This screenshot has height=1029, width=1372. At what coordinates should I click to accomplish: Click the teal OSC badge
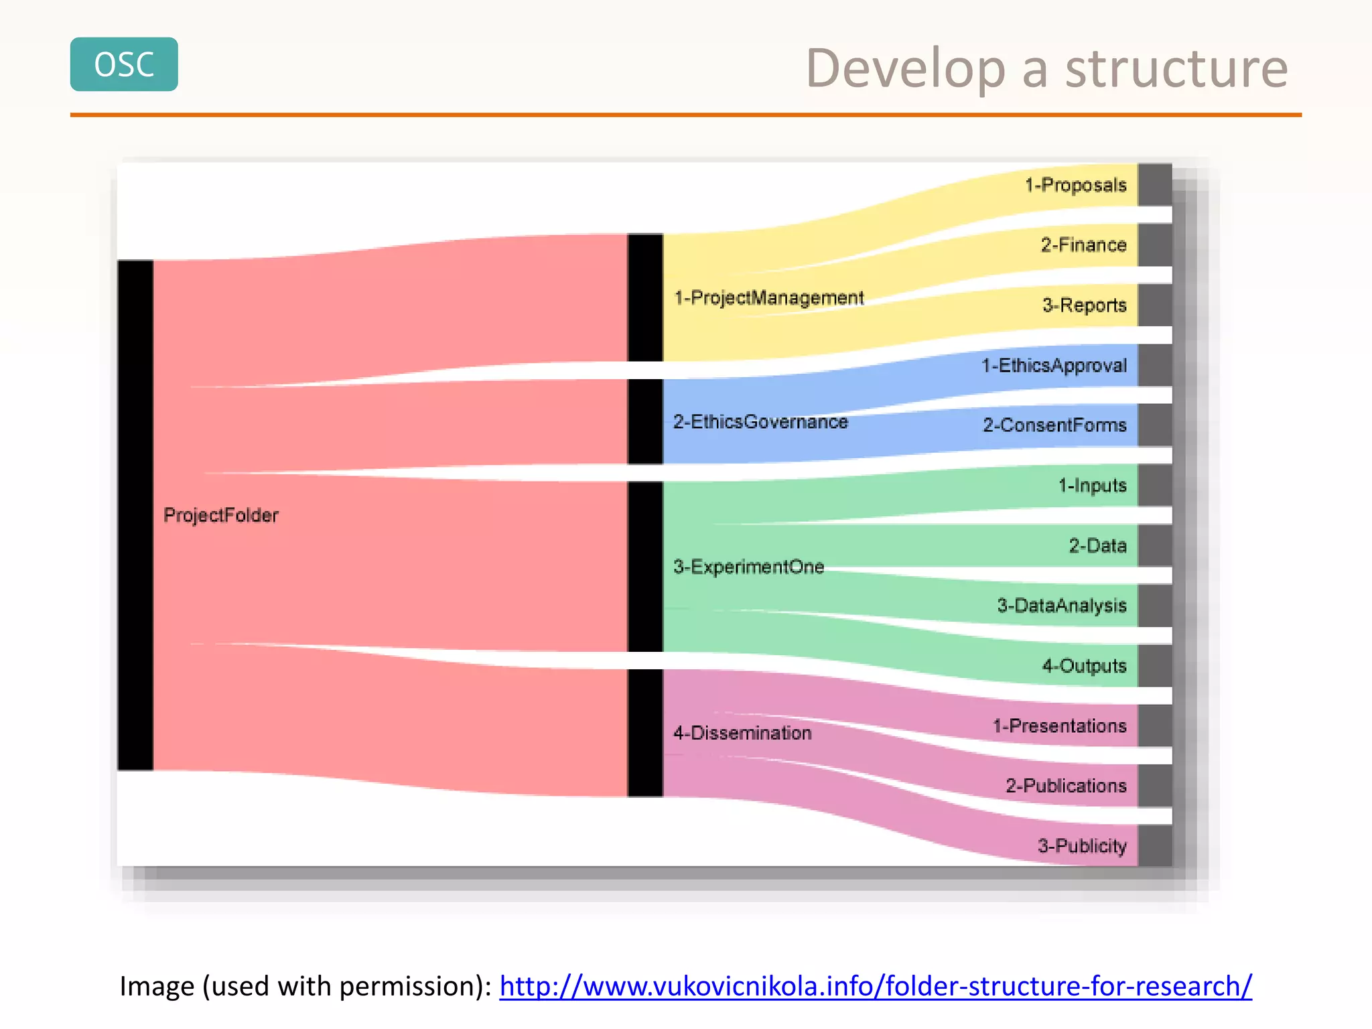tap(124, 64)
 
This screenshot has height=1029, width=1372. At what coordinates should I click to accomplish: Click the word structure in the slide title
tap(1176, 69)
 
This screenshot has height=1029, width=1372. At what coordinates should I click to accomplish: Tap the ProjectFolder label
tap(221, 515)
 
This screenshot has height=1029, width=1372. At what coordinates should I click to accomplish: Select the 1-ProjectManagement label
tap(769, 298)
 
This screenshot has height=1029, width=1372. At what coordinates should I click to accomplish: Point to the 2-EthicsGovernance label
tap(760, 422)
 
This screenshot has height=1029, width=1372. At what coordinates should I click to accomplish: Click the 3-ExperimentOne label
tap(748, 567)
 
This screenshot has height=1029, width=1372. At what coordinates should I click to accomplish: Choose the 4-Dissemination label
tap(742, 733)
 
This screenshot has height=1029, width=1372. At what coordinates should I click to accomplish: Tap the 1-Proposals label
tap(1076, 185)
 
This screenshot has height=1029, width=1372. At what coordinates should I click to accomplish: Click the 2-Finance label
tap(1083, 245)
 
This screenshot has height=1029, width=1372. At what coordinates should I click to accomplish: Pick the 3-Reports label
tap(1084, 305)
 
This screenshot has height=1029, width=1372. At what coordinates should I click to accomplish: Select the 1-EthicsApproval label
tap(1054, 366)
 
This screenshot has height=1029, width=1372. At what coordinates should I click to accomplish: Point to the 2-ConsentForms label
tap(1054, 425)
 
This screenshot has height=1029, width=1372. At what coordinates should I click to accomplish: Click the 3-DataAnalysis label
tap(1062, 606)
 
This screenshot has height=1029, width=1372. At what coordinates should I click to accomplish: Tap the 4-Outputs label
tap(1084, 666)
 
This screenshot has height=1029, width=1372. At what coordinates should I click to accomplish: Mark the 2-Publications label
tap(1066, 786)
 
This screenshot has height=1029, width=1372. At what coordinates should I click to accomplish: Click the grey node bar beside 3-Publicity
tap(1155, 845)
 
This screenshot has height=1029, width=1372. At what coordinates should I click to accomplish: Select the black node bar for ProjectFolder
tap(135, 515)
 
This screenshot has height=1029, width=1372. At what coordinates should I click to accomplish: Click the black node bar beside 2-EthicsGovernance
tap(645, 422)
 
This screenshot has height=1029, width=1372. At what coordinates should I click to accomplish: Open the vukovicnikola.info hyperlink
tap(876, 986)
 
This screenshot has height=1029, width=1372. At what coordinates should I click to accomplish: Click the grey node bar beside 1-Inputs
tap(1155, 486)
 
